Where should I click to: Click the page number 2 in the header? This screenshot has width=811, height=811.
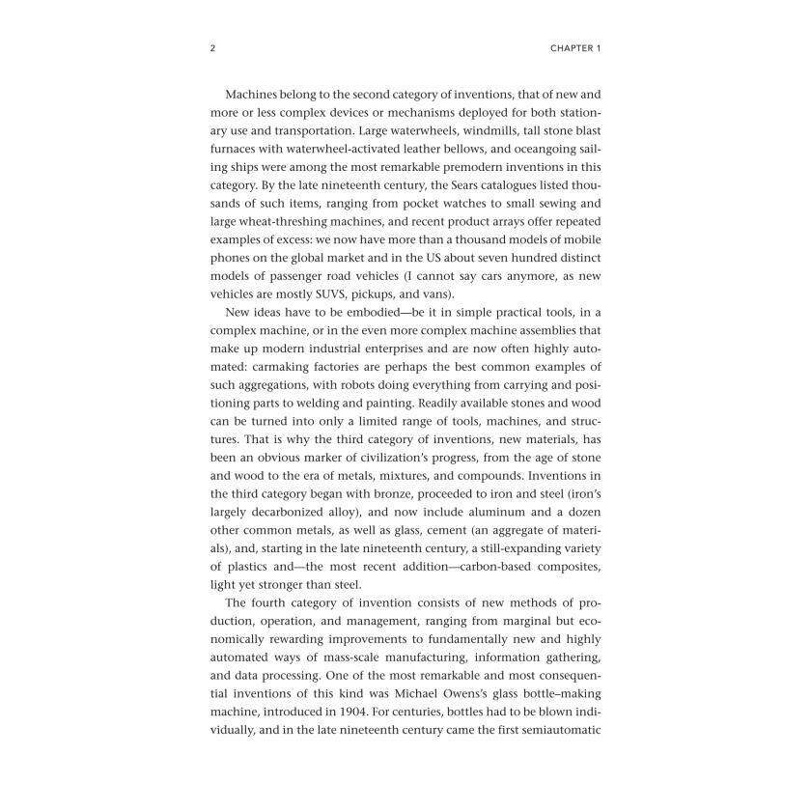pos(211,47)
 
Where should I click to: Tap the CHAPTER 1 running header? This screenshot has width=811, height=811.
pos(575,47)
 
